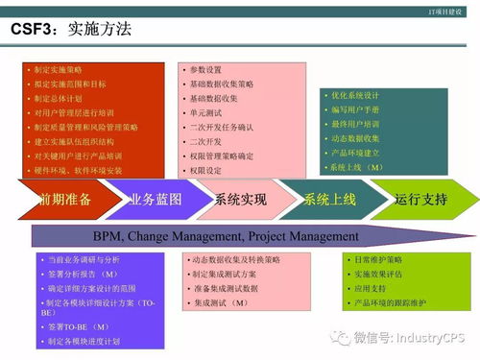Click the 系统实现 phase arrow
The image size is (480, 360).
tap(240, 200)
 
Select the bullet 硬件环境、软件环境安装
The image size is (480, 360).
tap(78, 170)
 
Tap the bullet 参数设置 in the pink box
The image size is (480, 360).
tap(205, 70)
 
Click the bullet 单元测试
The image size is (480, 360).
tap(205, 112)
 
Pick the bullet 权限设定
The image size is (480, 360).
tap(205, 170)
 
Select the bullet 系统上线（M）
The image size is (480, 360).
tap(355, 166)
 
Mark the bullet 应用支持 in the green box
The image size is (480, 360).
tap(370, 288)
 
